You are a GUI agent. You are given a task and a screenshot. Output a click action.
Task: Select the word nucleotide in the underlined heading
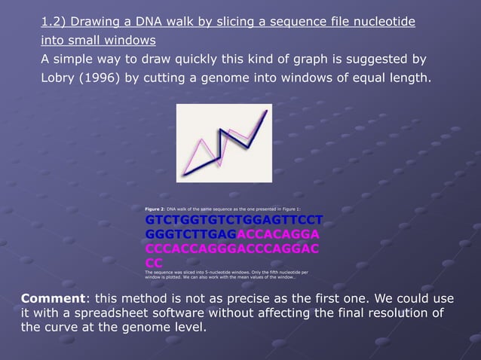pos(384,21)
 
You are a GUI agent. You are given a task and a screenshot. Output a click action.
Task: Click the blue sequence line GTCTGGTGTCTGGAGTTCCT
pos(234,220)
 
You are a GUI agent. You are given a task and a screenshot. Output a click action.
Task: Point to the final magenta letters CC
pos(154,262)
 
